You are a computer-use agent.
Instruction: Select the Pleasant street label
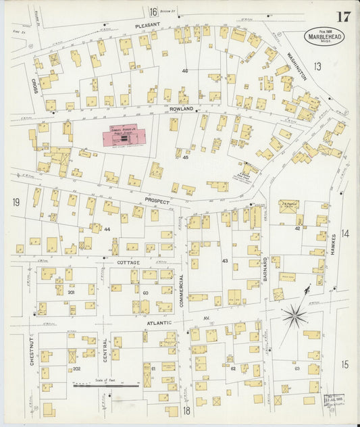click(147, 25)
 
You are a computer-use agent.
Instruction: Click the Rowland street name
click(182, 109)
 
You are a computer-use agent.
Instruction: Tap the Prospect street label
click(156, 201)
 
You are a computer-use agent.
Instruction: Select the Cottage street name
click(128, 261)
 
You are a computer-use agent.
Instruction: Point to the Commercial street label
click(182, 289)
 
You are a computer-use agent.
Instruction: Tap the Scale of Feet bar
click(107, 386)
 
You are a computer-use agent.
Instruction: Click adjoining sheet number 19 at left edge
click(15, 202)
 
